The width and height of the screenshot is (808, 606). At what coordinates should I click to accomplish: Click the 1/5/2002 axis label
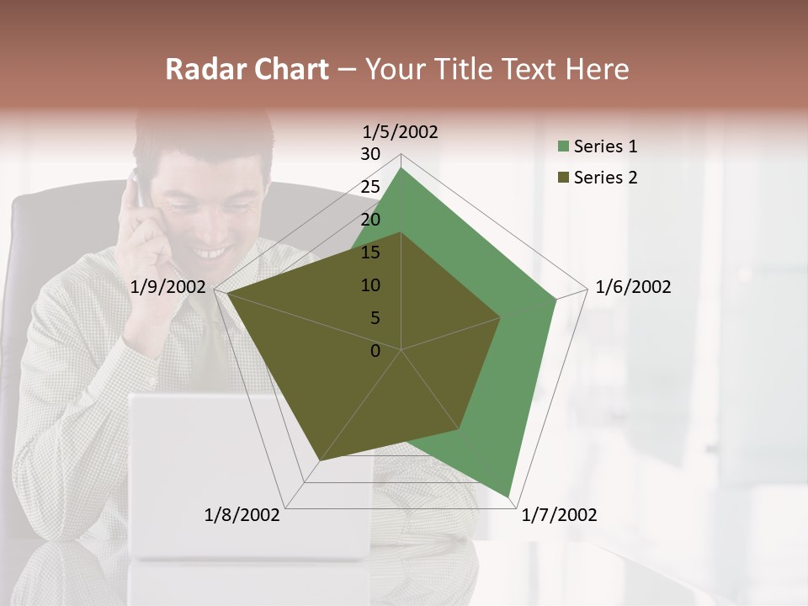pos(401,132)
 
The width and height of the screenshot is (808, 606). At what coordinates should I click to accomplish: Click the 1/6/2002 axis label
pos(633,287)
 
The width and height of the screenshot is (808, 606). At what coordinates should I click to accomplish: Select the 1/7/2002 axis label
pos(560,515)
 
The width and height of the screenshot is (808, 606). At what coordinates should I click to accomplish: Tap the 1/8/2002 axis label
pos(242,515)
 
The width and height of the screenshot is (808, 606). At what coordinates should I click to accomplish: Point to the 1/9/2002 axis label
pos(168,287)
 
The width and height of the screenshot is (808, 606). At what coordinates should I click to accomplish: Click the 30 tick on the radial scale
pos(370,154)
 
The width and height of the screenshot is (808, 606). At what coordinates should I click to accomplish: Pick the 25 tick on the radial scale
pos(370,187)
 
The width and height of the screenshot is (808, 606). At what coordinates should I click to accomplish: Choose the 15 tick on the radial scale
pos(370,252)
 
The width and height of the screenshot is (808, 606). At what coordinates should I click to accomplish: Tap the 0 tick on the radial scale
pos(375,351)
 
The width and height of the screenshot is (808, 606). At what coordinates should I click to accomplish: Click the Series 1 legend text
pos(605,146)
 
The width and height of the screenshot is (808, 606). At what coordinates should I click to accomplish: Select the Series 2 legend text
pos(605,178)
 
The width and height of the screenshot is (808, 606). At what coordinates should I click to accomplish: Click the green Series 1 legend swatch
pos(563,147)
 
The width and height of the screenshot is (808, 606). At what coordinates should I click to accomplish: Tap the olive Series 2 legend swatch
pos(563,178)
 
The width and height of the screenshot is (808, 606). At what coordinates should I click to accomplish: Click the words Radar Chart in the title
pos(247,70)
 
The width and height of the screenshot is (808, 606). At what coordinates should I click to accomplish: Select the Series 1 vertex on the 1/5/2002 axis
pos(401,167)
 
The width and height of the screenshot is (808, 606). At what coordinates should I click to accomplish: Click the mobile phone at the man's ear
pos(137,189)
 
